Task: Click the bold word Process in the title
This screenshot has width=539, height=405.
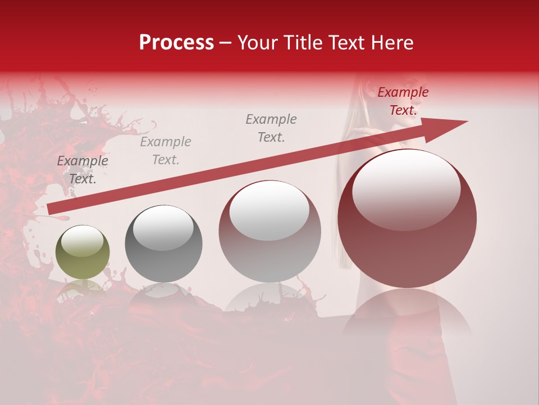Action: click(176, 43)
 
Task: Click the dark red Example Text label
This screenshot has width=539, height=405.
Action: click(403, 101)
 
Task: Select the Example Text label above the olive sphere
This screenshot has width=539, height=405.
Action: click(83, 170)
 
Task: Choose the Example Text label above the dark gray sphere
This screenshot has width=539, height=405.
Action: click(166, 151)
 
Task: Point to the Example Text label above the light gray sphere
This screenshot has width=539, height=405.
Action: click(271, 128)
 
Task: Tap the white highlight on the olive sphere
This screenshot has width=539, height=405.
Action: click(82, 241)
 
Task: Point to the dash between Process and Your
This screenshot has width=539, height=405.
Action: click(225, 43)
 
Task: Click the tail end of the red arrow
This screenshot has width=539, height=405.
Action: click(51, 209)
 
